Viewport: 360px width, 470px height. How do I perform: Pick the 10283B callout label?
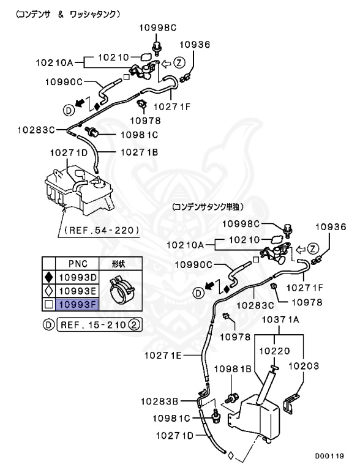pyautogui.click(x=159, y=402)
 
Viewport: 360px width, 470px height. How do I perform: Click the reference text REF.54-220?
pyautogui.click(x=101, y=231)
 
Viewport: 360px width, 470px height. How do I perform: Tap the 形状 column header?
pyautogui.click(x=119, y=264)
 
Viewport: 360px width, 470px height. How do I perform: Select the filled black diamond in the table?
pyautogui.click(x=48, y=277)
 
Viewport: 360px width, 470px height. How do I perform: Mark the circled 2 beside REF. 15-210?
pyautogui.click(x=137, y=324)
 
